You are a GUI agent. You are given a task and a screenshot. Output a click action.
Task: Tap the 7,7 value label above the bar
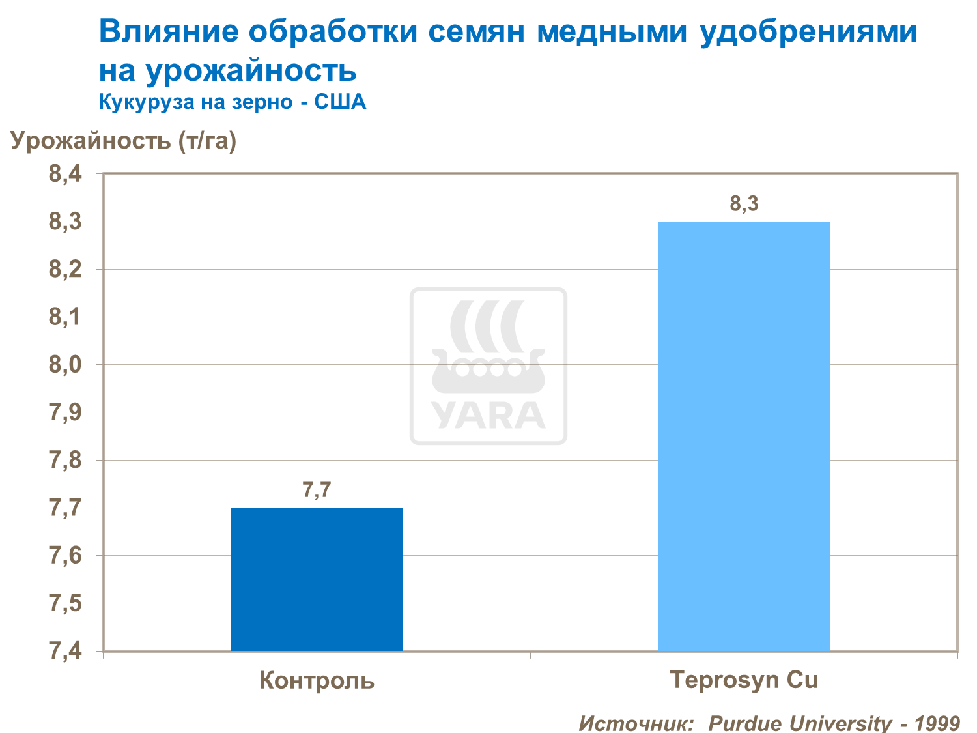[317, 490]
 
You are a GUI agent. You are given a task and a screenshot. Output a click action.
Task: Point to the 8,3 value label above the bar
[744, 204]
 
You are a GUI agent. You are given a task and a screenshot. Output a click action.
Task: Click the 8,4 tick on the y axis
[65, 174]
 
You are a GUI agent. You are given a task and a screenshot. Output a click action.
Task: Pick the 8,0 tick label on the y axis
[65, 364]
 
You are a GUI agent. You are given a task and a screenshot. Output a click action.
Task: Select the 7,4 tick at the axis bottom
[65, 650]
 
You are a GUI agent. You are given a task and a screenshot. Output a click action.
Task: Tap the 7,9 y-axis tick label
[65, 412]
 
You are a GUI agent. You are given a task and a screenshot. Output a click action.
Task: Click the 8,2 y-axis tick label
[65, 269]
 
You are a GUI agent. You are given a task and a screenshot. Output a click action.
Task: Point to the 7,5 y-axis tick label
[65, 603]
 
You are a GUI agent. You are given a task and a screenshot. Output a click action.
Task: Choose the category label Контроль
[317, 680]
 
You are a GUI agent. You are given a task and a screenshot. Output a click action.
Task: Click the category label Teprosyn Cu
[744, 680]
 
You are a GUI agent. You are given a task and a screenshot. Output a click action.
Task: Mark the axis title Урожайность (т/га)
[123, 141]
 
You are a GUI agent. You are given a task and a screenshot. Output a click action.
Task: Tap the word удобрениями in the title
[808, 31]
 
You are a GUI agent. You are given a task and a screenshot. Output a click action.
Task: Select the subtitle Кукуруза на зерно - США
[232, 102]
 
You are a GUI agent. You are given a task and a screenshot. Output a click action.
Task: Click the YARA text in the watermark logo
[488, 416]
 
